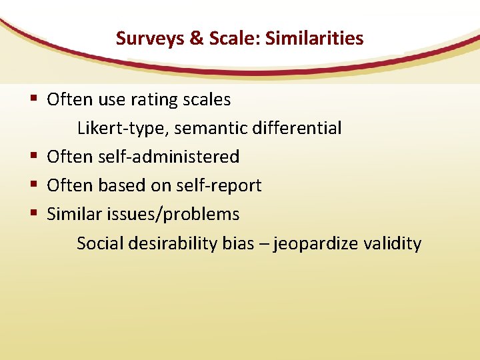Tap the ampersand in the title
(197, 39)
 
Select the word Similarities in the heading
(314, 39)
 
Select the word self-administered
(169, 157)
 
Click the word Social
(98, 243)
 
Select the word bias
(238, 243)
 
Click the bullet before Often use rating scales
(33, 100)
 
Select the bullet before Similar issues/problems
(33, 214)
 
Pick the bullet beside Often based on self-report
(33, 185)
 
